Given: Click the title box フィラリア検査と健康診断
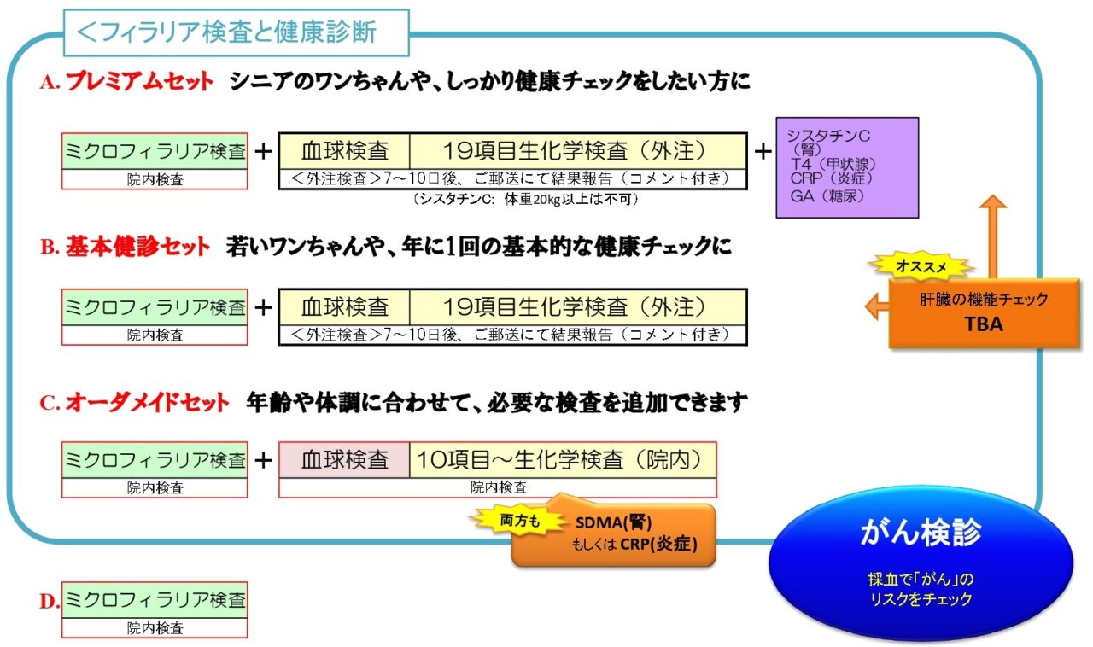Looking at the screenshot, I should [x=237, y=33].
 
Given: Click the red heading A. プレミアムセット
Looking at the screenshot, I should [x=126, y=82].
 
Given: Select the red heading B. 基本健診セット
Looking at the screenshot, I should [x=125, y=248].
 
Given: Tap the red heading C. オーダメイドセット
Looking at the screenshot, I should [x=135, y=402].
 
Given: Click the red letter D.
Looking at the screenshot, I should [x=48, y=601].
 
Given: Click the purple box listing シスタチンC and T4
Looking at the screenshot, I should [x=846, y=167].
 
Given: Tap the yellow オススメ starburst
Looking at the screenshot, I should [x=921, y=266].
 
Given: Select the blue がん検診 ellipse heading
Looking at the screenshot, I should [x=921, y=533].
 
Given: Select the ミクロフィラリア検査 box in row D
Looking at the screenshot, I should [x=155, y=600].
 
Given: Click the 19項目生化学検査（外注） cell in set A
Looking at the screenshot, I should [x=577, y=151].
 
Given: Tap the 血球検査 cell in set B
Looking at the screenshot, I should [x=344, y=306].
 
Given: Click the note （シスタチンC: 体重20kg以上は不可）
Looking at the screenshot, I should [x=525, y=199].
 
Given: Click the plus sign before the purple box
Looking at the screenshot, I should [x=762, y=151].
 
